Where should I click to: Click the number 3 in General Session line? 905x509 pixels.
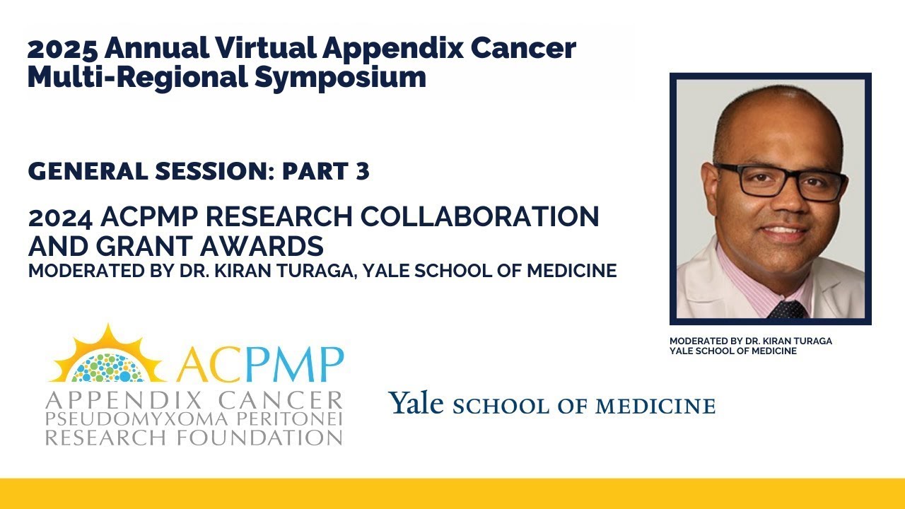[363, 171]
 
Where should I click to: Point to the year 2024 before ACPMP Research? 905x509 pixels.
[57, 218]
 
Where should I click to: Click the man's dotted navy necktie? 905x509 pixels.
[786, 309]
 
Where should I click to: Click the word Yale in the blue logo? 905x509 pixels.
[416, 404]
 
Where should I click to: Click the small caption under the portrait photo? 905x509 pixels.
[750, 346]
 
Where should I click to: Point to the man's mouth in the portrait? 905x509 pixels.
[783, 231]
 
